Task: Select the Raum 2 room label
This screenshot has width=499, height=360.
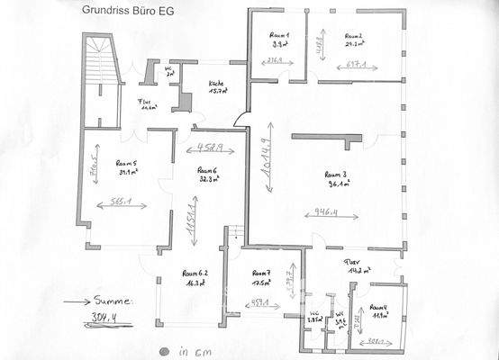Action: tap(354, 35)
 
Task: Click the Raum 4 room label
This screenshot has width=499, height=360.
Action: tap(379, 308)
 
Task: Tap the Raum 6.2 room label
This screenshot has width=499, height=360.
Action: tap(195, 273)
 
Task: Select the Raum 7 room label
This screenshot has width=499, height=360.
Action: tap(262, 273)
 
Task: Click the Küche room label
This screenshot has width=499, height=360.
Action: tap(216, 83)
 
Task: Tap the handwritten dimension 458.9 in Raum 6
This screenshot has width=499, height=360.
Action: tap(206, 146)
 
